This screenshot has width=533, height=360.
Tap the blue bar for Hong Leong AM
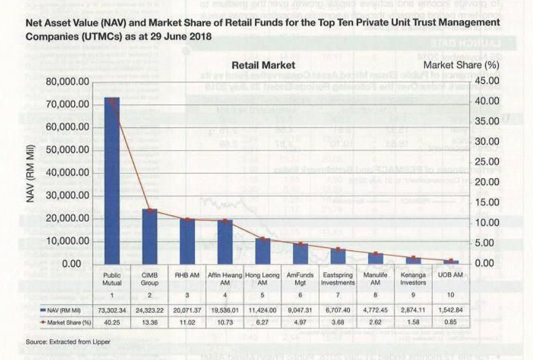pyautogui.click(x=262, y=251)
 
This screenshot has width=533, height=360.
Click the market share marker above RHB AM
pyautogui.click(x=187, y=219)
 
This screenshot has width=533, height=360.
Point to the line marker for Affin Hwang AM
pyautogui.click(x=225, y=220)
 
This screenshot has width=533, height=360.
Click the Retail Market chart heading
pyautogui.click(x=263, y=65)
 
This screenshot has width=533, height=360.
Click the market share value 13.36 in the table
pyautogui.click(x=149, y=321)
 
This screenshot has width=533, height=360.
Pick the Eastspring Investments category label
pyautogui.click(x=338, y=279)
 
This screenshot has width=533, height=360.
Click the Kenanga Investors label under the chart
pyautogui.click(x=414, y=279)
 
